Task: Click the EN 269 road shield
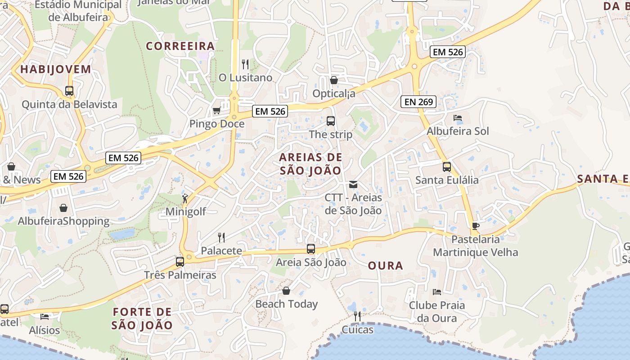tap(418, 102)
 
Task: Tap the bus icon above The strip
tap(330, 121)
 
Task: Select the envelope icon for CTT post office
tap(353, 184)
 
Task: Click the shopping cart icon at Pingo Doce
tap(216, 110)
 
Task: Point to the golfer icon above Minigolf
tap(185, 198)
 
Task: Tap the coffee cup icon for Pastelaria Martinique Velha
tap(475, 225)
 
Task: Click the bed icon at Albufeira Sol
tap(458, 118)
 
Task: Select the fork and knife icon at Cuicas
tap(357, 316)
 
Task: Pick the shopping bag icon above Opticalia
tap(333, 80)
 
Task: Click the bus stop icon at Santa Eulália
tap(446, 166)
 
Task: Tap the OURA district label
tap(385, 265)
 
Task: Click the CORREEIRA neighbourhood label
tap(180, 46)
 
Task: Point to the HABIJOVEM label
tap(55, 69)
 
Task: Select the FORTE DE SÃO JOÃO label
tap(142, 318)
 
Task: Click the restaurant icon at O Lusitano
tap(245, 64)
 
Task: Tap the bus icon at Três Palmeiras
tap(180, 261)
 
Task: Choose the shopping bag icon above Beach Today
tap(286, 291)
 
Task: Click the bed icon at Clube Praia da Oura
tap(436, 292)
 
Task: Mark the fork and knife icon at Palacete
tap(221, 237)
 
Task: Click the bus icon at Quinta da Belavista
tap(69, 90)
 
